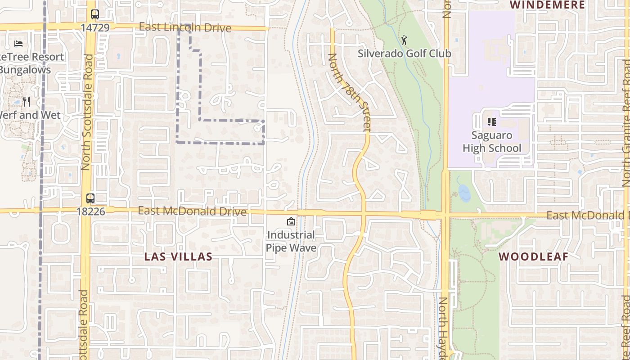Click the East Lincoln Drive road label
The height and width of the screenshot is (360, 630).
coord(185,27)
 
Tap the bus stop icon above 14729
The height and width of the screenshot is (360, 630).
coord(94,14)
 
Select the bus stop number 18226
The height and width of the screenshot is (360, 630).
coord(90,211)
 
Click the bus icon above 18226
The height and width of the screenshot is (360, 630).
coord(90,198)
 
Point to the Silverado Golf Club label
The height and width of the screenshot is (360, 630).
coord(404,54)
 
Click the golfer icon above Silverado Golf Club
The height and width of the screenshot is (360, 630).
coord(404,40)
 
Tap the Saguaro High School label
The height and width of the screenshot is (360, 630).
coord(491,142)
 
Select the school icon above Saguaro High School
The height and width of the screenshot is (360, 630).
coord(491,121)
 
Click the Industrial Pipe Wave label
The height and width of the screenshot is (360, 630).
coord(291,241)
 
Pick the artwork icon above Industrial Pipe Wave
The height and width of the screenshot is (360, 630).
coord(291,221)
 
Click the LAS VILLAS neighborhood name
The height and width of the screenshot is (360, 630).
coord(178,257)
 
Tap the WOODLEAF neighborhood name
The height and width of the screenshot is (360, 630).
coord(533,256)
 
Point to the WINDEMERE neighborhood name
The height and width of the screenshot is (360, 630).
coord(547,5)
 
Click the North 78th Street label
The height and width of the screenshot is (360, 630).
coord(349,92)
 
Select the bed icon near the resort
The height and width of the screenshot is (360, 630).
coord(18,44)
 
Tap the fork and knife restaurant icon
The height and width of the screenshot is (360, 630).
coord(26,102)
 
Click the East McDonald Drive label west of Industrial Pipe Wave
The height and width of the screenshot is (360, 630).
coord(192,211)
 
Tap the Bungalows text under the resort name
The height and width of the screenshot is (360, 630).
coord(25,70)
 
